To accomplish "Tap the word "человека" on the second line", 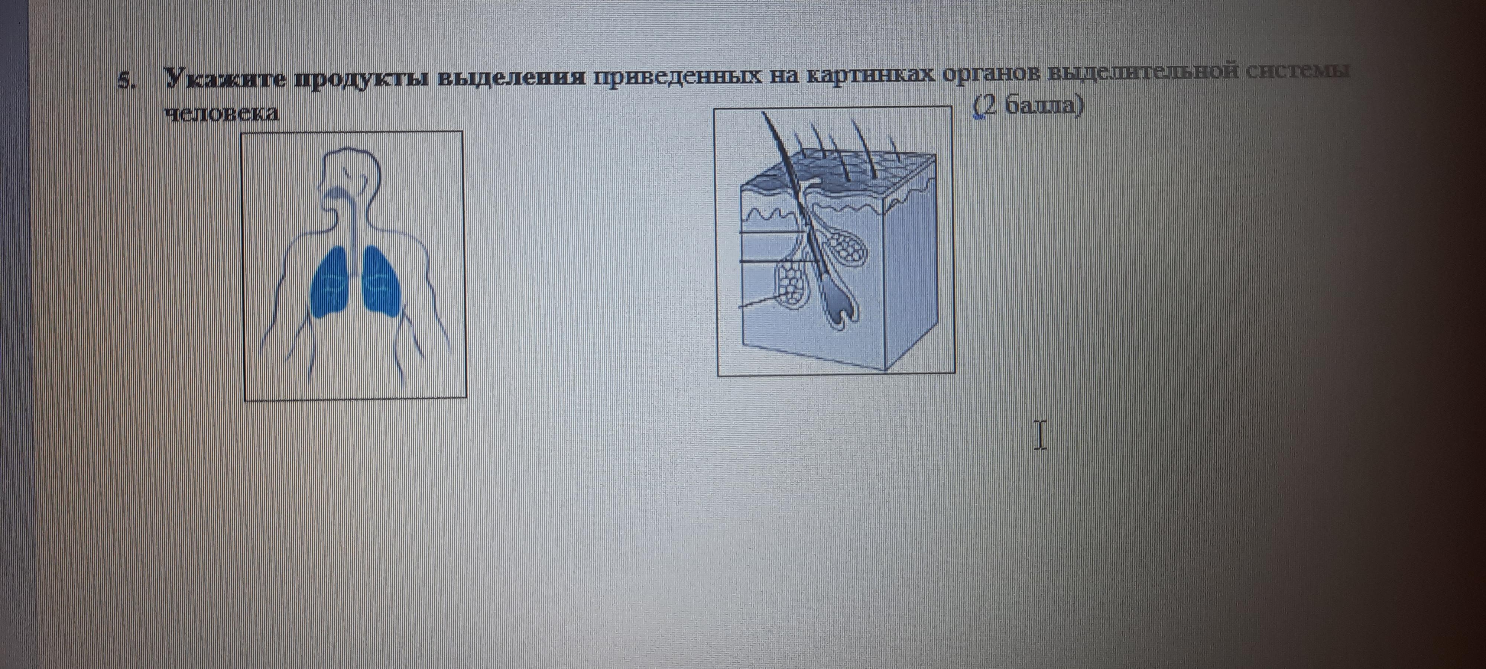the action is [x=221, y=113].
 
